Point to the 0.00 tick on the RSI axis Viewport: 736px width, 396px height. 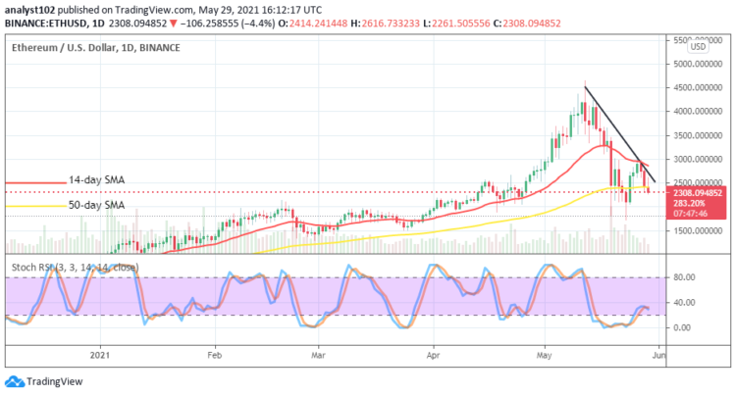pos(684,327)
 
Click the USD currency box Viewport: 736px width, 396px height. pos(698,46)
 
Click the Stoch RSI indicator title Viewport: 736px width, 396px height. pos(53,265)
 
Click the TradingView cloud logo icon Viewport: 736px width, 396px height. pos(14,381)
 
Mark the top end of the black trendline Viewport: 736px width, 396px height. pos(585,87)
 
